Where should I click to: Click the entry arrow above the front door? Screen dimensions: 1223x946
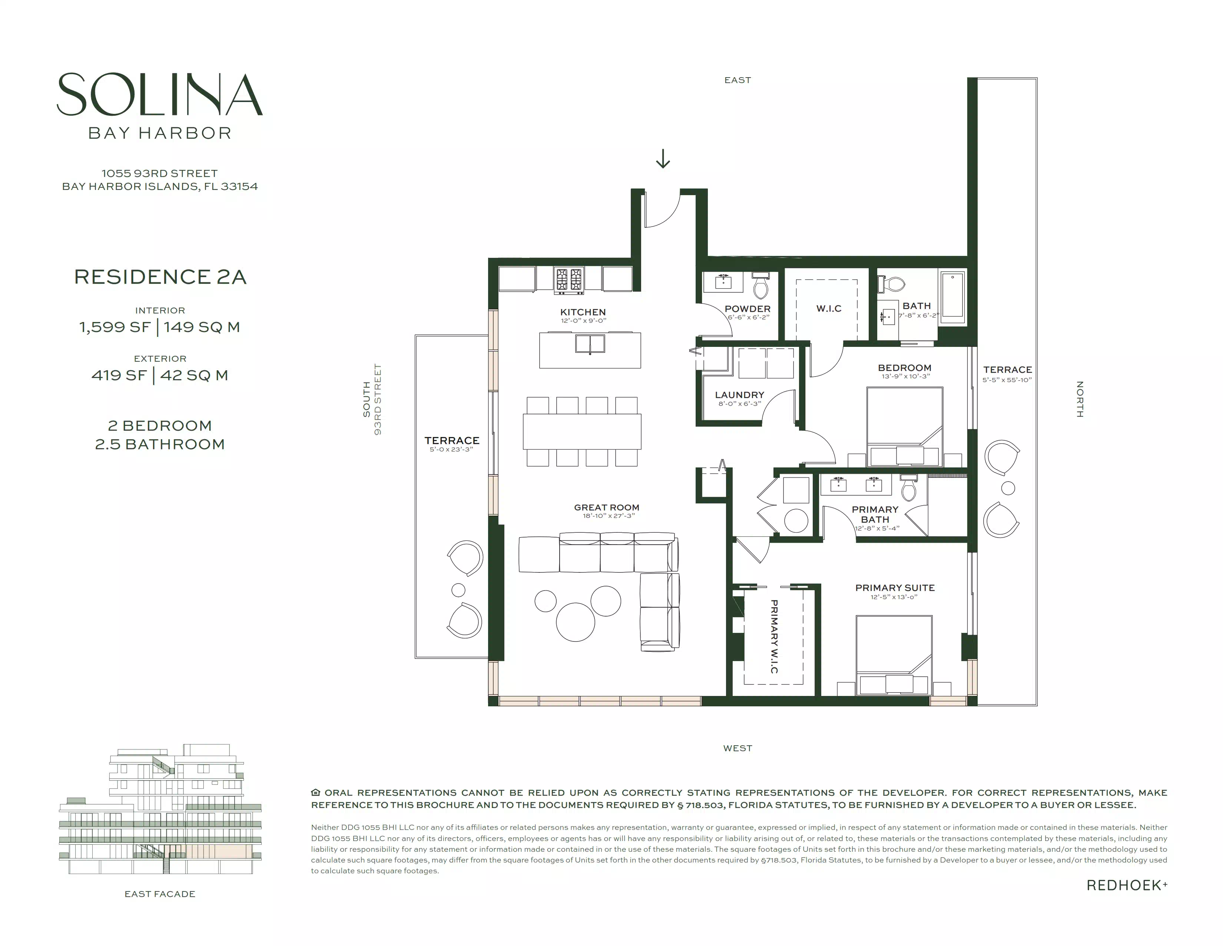663,159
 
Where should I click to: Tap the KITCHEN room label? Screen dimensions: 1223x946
583,312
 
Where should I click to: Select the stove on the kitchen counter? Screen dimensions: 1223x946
569,280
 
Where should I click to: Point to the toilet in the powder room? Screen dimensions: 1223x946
761,285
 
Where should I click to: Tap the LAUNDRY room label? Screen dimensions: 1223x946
739,395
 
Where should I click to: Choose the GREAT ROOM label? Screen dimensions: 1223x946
606,507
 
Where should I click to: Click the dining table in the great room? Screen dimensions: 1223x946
582,431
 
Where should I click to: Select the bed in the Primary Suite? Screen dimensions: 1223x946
894,655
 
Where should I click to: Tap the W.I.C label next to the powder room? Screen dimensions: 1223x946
829,308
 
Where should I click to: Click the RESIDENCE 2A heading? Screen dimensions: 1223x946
160,277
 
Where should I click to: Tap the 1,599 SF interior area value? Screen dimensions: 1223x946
115,327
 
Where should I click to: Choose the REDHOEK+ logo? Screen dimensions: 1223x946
1127,886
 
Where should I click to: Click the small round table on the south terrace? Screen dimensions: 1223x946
458,589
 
